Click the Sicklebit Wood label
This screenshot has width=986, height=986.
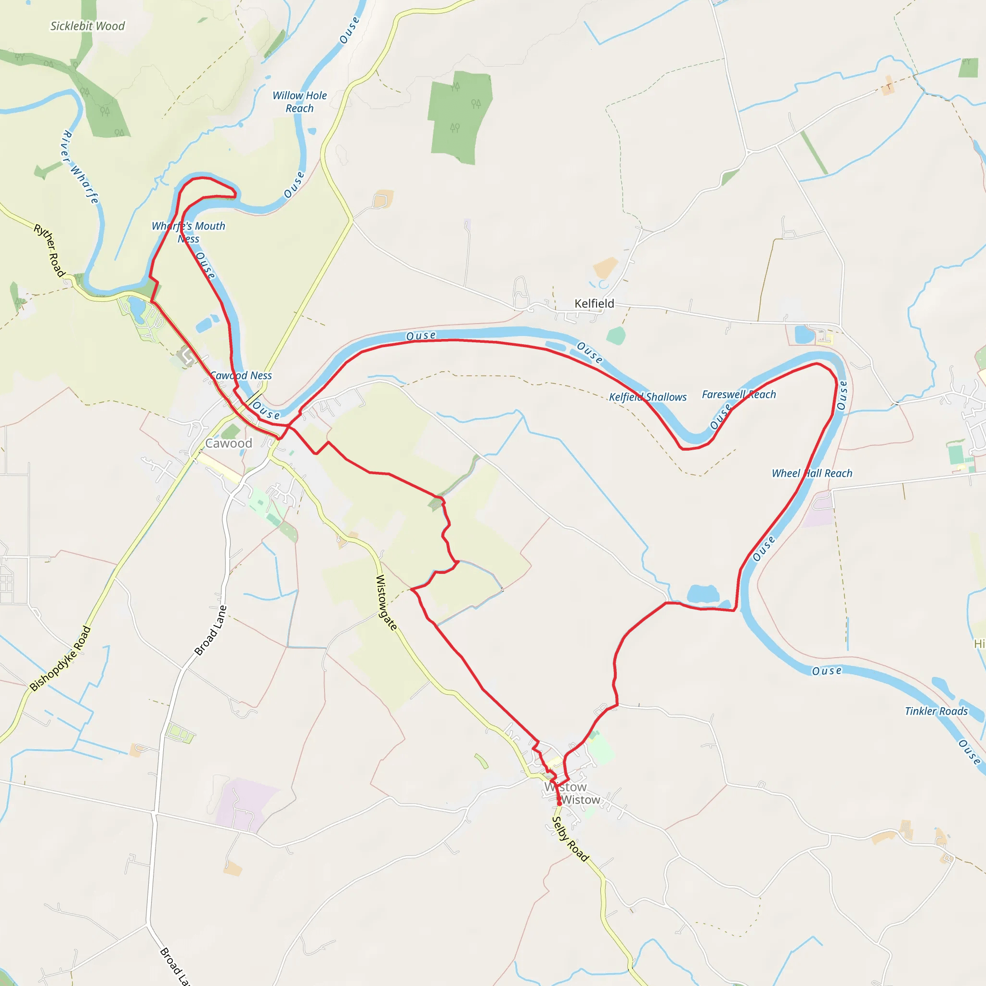pyautogui.click(x=87, y=26)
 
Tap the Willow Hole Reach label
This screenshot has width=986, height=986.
pyautogui.click(x=299, y=102)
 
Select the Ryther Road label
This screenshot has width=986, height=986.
pyautogui.click(x=50, y=250)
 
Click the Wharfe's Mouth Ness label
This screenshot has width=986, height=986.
pyautogui.click(x=188, y=232)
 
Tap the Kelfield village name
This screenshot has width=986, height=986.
pyautogui.click(x=594, y=303)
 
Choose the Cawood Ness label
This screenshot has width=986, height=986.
pyautogui.click(x=241, y=376)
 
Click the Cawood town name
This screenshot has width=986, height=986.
pyautogui.click(x=229, y=443)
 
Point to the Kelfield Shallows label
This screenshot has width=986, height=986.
pyautogui.click(x=648, y=397)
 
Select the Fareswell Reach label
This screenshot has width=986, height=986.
pyautogui.click(x=739, y=394)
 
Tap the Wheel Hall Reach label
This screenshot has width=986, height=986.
pyautogui.click(x=811, y=473)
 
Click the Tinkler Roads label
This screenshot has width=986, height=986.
pyautogui.click(x=936, y=711)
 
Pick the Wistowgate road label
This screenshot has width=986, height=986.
pyautogui.click(x=386, y=602)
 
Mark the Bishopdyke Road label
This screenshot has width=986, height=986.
pyautogui.click(x=60, y=658)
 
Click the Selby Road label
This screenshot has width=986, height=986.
pyautogui.click(x=571, y=839)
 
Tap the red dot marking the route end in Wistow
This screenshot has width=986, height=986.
pyautogui.click(x=559, y=804)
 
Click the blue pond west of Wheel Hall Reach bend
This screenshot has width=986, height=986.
pyautogui.click(x=703, y=594)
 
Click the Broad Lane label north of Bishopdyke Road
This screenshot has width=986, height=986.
pyautogui.click(x=210, y=631)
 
